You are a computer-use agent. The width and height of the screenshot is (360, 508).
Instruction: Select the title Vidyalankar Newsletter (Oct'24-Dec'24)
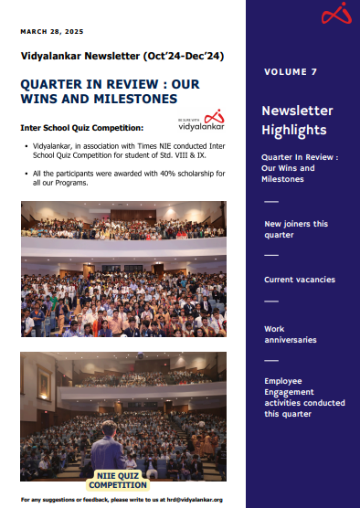[x=122, y=56]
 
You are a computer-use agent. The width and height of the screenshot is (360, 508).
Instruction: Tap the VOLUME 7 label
[x=291, y=71]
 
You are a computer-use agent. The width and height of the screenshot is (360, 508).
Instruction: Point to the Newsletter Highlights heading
[x=293, y=120]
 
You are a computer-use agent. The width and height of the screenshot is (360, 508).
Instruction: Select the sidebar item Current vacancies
[x=299, y=279]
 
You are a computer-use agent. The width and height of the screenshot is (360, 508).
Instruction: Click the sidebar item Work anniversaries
[x=291, y=333]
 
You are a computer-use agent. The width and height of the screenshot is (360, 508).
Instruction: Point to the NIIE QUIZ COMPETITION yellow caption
[x=123, y=480]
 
